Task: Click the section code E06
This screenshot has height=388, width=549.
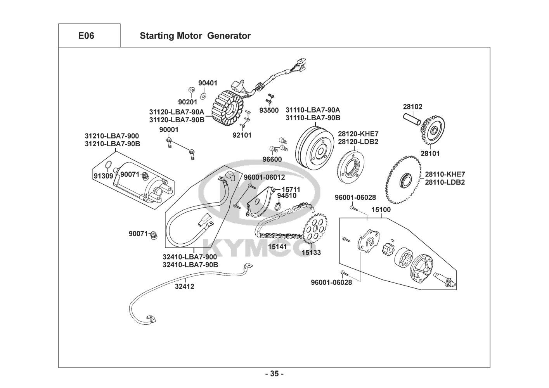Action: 86,36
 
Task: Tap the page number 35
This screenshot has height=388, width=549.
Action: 274,374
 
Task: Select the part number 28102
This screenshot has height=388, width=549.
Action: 412,107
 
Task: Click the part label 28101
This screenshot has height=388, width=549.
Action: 430,153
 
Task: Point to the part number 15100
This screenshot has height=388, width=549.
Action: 381,210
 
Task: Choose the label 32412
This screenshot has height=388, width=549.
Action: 184,287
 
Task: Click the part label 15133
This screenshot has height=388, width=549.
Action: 311,253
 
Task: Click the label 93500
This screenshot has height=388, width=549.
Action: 269,110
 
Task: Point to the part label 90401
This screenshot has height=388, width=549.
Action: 208,83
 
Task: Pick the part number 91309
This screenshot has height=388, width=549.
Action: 103,176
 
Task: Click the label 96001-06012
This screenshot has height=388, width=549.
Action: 264,177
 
